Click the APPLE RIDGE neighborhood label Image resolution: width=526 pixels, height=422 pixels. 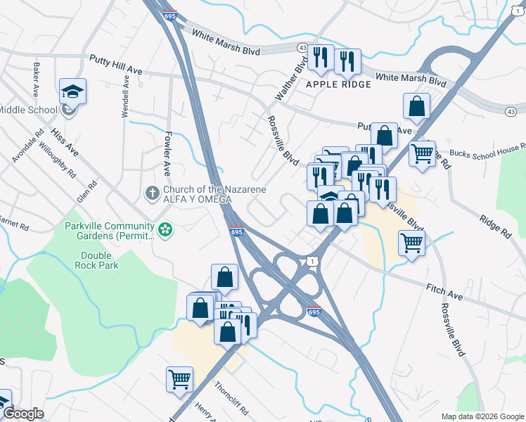(338, 84)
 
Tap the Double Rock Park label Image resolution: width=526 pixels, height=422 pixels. (99, 260)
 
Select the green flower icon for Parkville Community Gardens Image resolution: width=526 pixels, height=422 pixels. (165, 230)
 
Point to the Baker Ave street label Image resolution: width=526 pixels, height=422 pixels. (34, 79)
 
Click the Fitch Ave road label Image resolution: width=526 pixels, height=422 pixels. (444, 292)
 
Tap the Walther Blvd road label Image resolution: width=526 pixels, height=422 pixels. (300, 77)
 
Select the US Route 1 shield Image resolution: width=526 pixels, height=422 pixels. (311, 262)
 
